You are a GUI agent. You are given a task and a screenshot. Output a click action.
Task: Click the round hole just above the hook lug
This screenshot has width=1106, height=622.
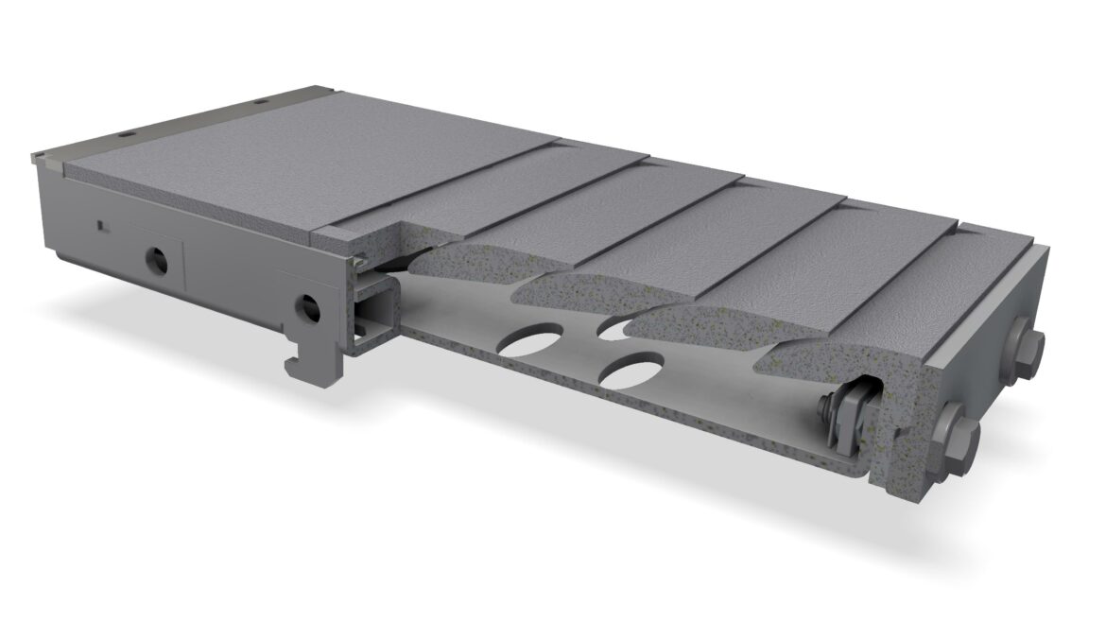[306, 305]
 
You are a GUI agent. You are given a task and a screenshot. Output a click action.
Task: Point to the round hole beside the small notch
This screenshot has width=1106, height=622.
[156, 258]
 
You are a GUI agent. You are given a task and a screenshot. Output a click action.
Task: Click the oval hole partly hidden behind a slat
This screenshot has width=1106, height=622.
[615, 328]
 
